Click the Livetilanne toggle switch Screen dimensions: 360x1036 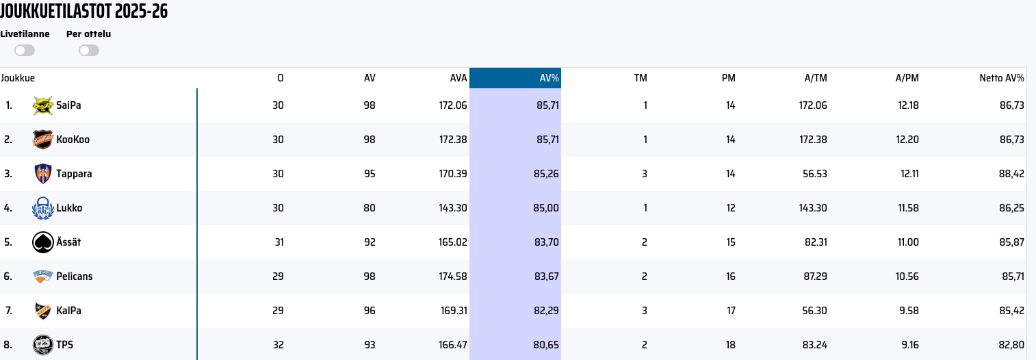25,50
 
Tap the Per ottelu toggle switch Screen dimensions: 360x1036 89,50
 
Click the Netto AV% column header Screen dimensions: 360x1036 1001,78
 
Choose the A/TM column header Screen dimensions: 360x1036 816,78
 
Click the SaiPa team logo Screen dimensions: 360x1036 43,105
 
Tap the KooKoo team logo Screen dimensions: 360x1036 43,140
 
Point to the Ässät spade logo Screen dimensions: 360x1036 43,242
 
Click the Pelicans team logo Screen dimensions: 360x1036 43,277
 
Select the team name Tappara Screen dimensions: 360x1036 74,174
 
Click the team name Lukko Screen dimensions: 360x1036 69,208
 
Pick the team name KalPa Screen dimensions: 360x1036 68,311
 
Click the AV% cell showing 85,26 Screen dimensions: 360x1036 546,174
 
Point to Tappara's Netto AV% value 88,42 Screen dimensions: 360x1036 1011,174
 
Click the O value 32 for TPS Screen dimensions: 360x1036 278,345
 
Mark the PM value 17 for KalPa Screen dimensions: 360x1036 730,311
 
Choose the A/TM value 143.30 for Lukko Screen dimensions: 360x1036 812,208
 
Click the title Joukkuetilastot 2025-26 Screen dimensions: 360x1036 84,12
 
